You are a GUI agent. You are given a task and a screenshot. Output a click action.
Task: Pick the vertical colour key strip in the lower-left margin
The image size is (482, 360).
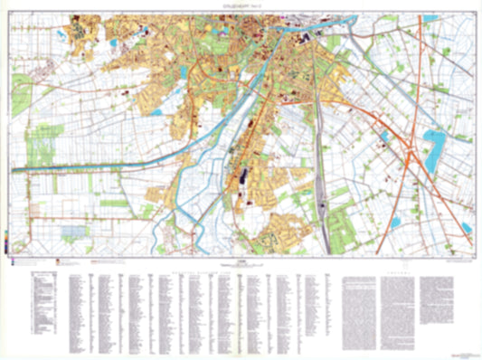[7, 245]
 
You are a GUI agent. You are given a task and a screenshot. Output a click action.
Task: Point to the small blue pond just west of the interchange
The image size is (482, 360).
[384, 137]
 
